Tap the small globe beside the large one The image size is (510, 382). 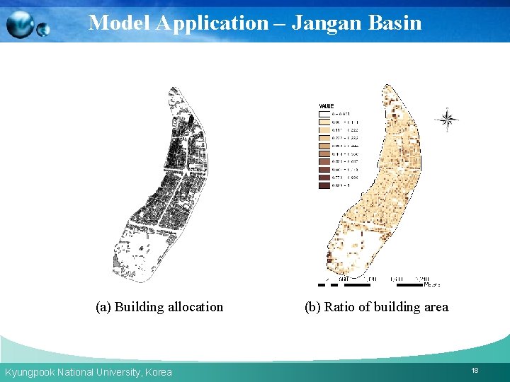click(43, 30)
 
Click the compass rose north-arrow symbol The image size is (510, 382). click(447, 120)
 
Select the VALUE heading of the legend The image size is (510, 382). click(327, 107)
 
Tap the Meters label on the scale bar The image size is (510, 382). click(431, 284)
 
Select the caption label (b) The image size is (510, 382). click(312, 307)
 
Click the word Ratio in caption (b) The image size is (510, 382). click(339, 307)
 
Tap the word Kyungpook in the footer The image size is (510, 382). click(28, 372)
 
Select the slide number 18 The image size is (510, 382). click(475, 371)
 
